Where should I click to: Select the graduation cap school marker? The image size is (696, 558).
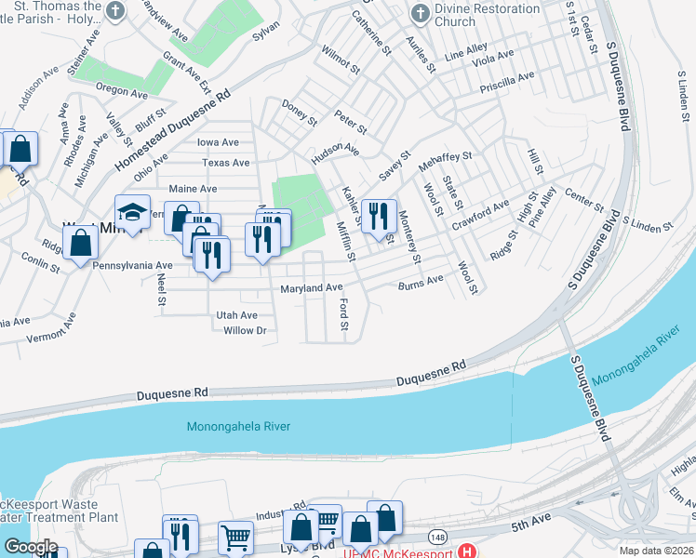[132, 213]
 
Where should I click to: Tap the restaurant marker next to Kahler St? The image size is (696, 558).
[378, 218]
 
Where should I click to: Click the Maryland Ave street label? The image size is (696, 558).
[312, 288]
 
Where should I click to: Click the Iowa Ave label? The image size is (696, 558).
[218, 142]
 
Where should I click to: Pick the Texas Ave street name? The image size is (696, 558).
[225, 163]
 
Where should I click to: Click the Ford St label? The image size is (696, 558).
[343, 314]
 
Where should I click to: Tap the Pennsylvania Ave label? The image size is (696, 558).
[132, 265]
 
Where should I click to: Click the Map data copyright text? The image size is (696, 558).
[657, 551]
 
